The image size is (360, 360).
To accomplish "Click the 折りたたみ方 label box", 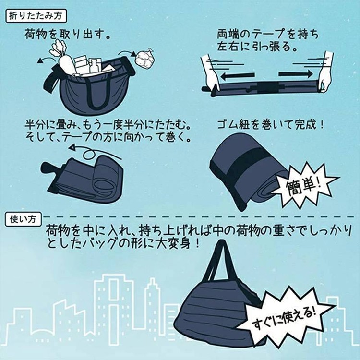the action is (36, 16).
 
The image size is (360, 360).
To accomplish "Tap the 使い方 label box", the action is (23, 219).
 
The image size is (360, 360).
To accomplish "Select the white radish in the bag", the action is (63, 58).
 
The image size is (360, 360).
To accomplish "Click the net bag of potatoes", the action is (144, 58).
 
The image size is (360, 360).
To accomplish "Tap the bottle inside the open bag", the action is (95, 65).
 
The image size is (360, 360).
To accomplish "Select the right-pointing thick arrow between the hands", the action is (296, 74).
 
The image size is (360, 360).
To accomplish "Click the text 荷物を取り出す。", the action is (68, 35).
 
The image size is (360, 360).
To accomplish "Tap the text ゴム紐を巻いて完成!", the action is (270, 125).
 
